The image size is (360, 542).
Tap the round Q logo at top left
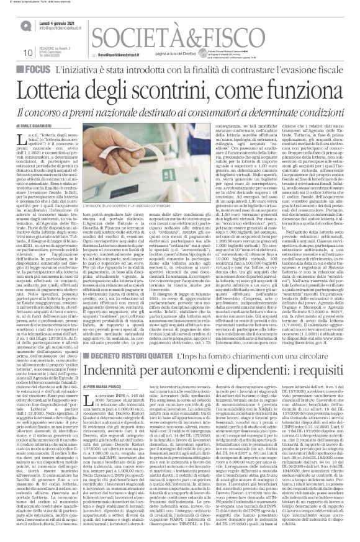click(25, 25)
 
